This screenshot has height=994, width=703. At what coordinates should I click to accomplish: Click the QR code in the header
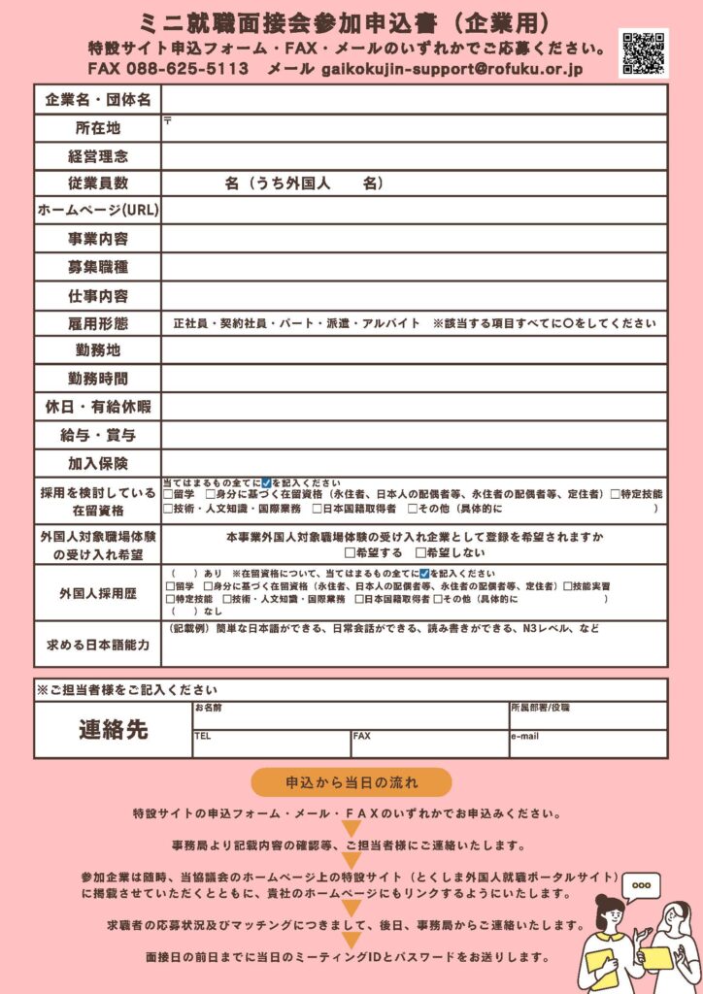pyautogui.click(x=643, y=52)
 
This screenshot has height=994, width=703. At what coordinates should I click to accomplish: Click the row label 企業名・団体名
pyautogui.click(x=98, y=100)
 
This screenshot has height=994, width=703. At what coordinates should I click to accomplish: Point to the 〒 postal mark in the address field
pyautogui.click(x=168, y=121)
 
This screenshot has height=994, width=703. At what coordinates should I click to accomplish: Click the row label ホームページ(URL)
pyautogui.click(x=98, y=210)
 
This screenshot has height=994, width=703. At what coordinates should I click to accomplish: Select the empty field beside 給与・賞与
pyautogui.click(x=414, y=435)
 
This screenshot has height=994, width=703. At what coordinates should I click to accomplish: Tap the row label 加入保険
pyautogui.click(x=98, y=463)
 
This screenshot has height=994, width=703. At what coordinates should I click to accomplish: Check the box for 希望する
pyautogui.click(x=351, y=552)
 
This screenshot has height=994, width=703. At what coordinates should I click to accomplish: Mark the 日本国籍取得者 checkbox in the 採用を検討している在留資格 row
pyautogui.click(x=318, y=508)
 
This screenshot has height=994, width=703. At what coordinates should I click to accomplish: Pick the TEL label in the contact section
pyautogui.click(x=202, y=736)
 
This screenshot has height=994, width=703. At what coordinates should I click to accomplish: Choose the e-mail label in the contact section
pyautogui.click(x=524, y=736)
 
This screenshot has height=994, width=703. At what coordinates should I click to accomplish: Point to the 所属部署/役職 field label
pyautogui.click(x=540, y=708)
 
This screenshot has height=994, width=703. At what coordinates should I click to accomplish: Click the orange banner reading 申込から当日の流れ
pyautogui.click(x=351, y=781)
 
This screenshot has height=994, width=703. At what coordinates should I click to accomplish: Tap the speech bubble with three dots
pyautogui.click(x=640, y=886)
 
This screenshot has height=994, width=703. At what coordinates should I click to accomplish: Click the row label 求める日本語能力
pyautogui.click(x=98, y=644)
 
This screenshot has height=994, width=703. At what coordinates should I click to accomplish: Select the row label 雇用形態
pyautogui.click(x=98, y=323)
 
